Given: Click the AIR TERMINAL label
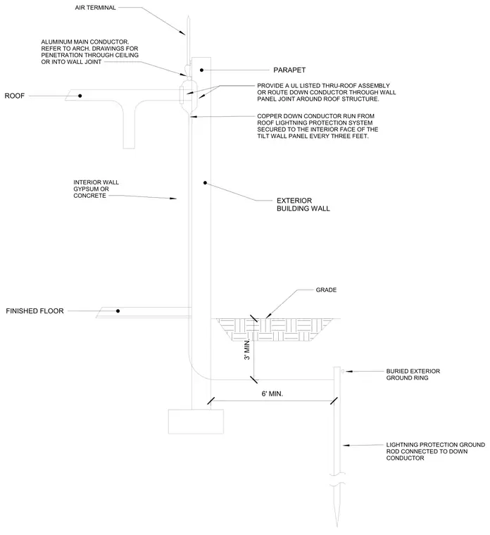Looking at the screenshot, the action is (95, 8).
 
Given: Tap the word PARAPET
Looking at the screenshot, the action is (289, 70).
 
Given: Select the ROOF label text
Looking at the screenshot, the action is (14, 96).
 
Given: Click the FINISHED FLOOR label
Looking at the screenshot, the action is (34, 311).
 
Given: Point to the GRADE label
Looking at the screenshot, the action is (326, 290).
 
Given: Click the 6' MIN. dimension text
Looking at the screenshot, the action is (272, 394).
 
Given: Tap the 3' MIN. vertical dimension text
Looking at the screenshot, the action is (247, 350).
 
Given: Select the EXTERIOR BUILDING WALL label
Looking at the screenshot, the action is (303, 204).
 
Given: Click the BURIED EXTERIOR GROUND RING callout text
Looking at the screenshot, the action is (413, 374).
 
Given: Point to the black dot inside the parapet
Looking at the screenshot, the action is (201, 70).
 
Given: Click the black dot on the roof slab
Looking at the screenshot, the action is (80, 96).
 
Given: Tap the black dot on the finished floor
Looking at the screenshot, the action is (118, 311).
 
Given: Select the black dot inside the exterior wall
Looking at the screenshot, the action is (205, 183).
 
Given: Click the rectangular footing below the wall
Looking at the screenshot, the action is (196, 422).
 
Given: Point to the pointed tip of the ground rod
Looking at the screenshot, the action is (337, 527).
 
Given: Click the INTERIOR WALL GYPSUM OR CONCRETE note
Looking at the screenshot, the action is (96, 189).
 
